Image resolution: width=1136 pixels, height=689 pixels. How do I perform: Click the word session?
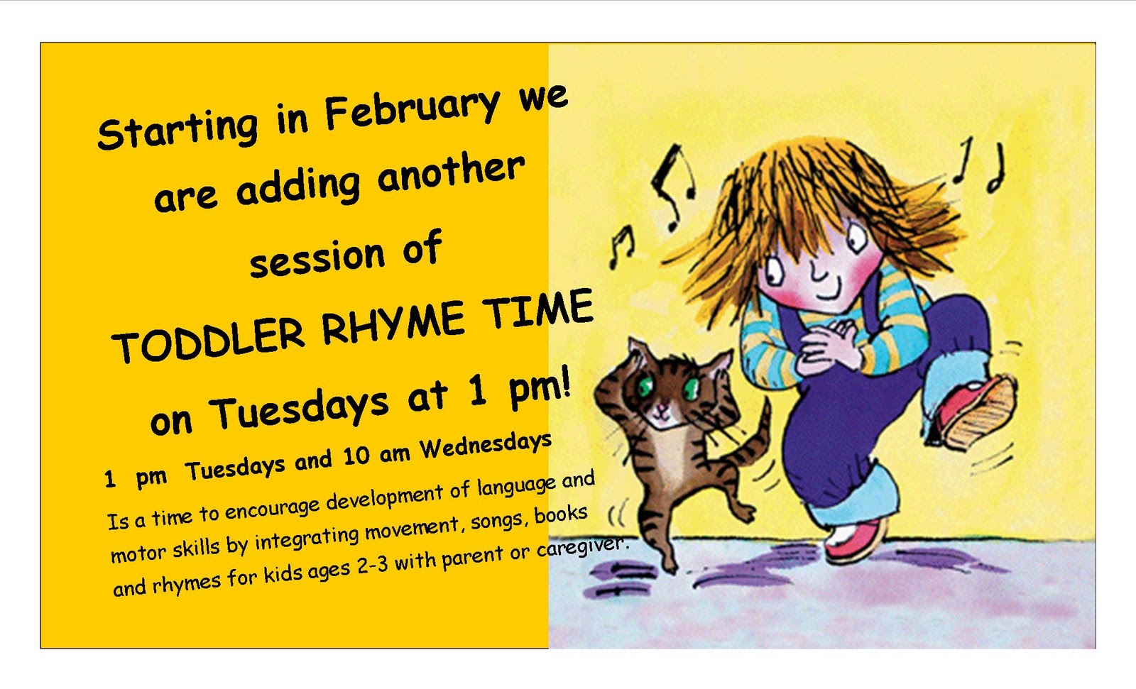[x=317, y=258]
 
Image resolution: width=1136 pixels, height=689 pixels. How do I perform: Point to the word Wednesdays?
[x=486, y=445]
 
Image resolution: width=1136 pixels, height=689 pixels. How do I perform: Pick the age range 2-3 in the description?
[x=372, y=566]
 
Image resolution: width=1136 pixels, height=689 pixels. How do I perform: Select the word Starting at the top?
[x=177, y=128]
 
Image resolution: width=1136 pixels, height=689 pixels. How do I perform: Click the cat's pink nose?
[x=662, y=409]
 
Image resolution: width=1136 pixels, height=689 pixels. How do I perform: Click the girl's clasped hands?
[x=831, y=348]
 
